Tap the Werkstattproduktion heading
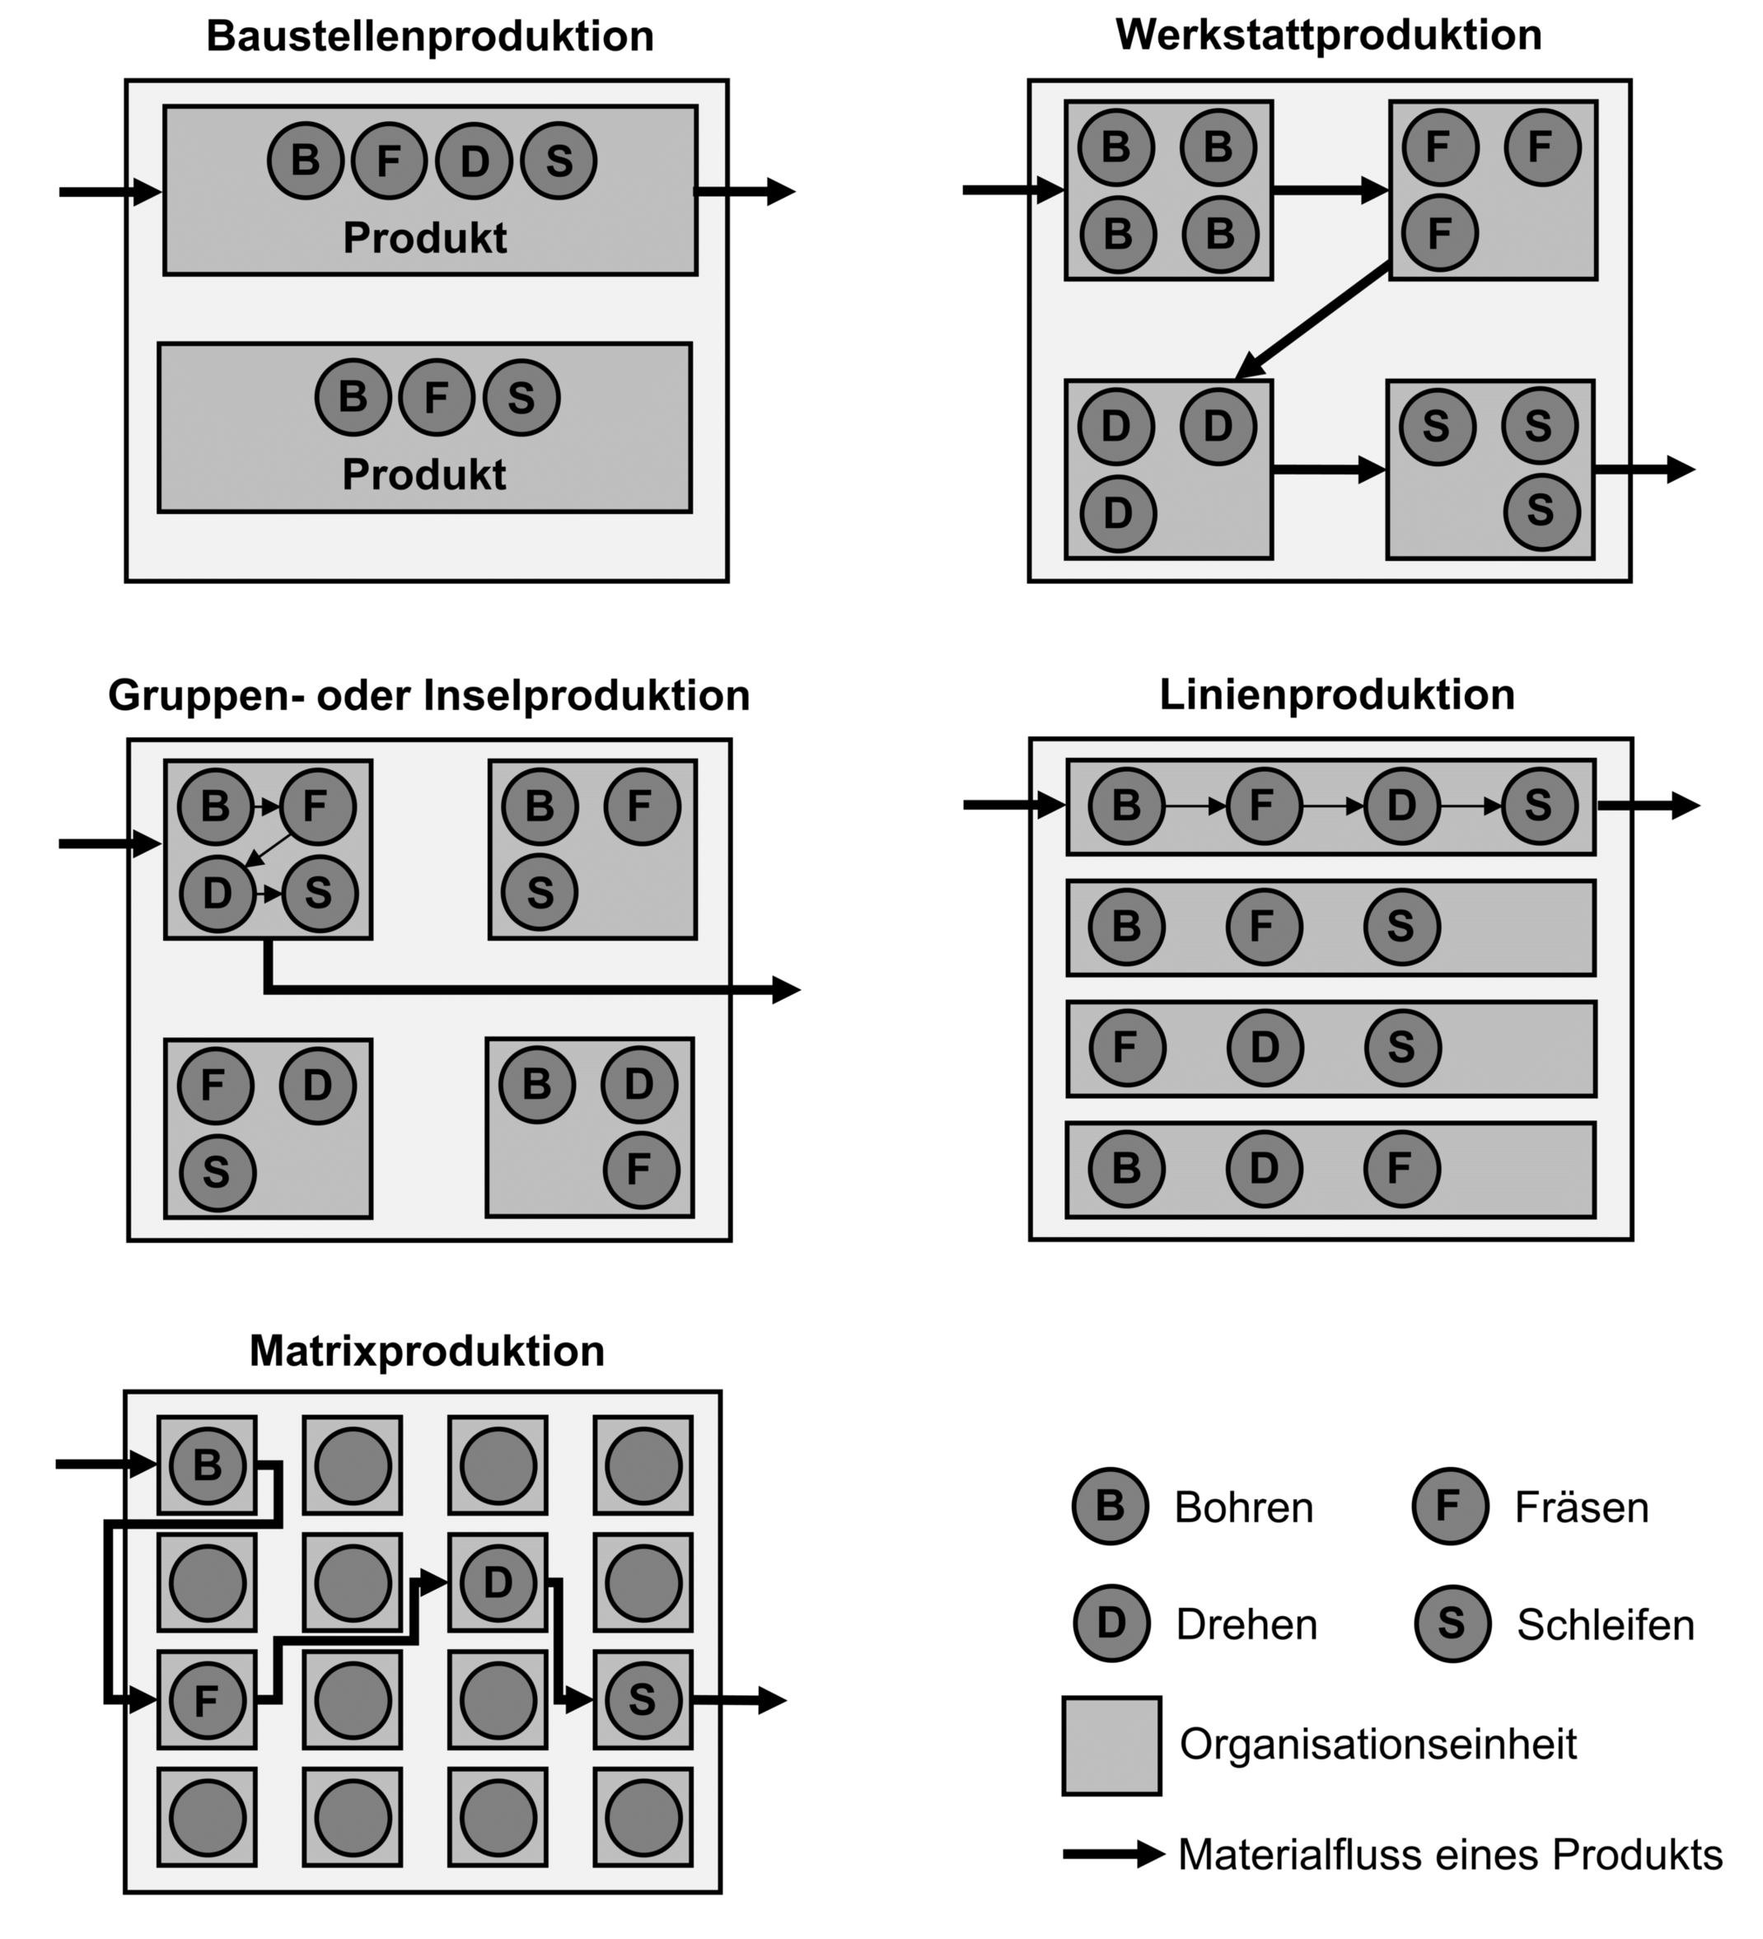click(1328, 35)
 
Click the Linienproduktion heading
click(1336, 695)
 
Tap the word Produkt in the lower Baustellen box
click(423, 475)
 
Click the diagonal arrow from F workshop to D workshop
click(1313, 320)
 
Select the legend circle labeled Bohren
click(1110, 1507)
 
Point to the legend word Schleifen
click(1604, 1624)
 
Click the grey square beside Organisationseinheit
click(1111, 1745)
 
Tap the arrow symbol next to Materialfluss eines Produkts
click(1113, 1853)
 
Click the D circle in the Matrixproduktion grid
click(498, 1582)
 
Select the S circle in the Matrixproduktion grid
click(643, 1700)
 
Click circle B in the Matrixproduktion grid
click(208, 1465)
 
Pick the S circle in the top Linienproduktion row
click(1539, 805)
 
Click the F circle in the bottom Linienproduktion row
click(1401, 1169)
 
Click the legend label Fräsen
click(1581, 1507)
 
